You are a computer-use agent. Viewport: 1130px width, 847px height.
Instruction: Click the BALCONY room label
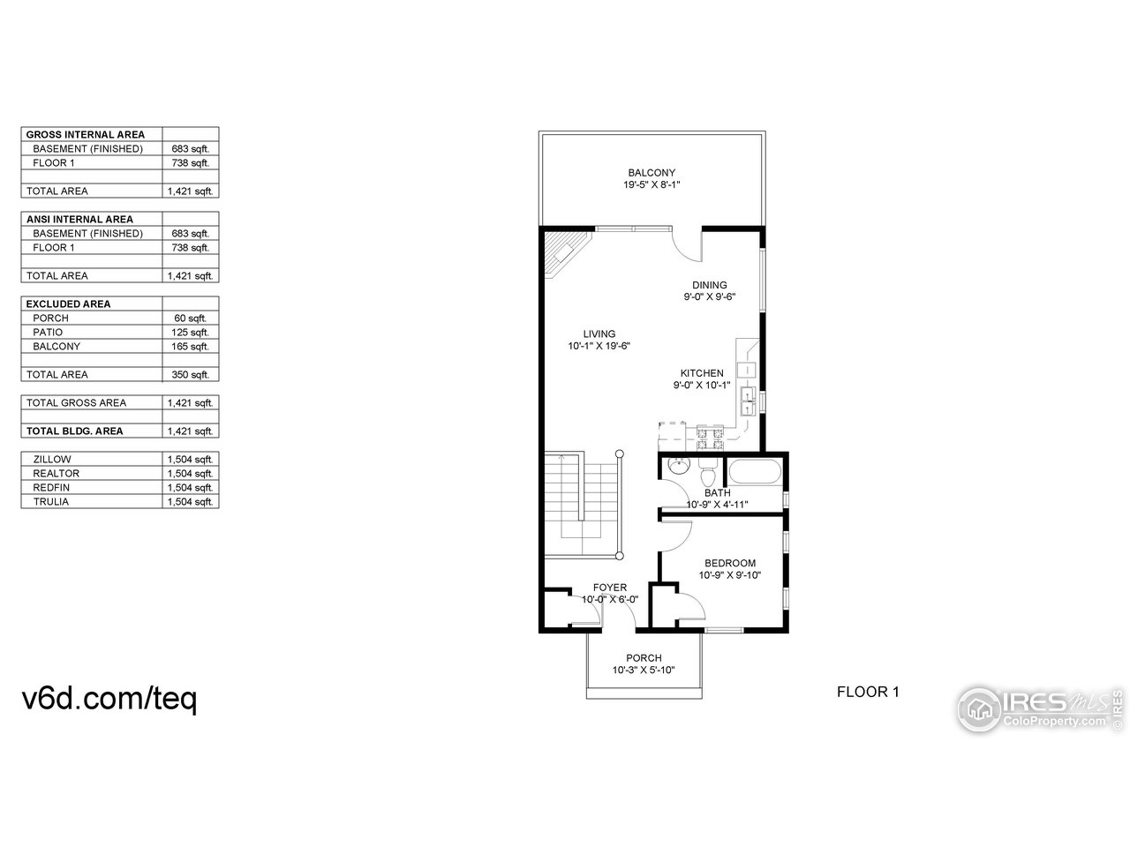pos(652,173)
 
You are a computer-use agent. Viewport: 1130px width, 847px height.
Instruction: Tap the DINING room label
pos(709,285)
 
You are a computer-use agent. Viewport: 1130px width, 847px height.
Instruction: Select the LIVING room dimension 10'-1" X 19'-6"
pos(599,347)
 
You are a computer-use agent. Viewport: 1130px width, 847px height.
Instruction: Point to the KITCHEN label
pos(701,373)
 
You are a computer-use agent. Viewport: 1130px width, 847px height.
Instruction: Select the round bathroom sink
pos(677,468)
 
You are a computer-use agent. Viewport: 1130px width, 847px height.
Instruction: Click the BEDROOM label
pos(729,564)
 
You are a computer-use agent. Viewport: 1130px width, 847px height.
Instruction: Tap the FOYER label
pos(609,588)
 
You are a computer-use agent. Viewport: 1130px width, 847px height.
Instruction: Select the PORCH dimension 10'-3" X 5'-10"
pos(644,671)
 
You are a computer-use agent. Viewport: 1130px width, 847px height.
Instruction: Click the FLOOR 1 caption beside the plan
pos(867,693)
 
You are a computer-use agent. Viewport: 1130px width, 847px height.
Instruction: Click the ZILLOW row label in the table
pos(52,460)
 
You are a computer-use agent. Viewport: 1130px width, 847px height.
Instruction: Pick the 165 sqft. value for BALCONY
pos(190,347)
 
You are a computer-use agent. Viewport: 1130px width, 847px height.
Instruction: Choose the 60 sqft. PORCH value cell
pos(190,319)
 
